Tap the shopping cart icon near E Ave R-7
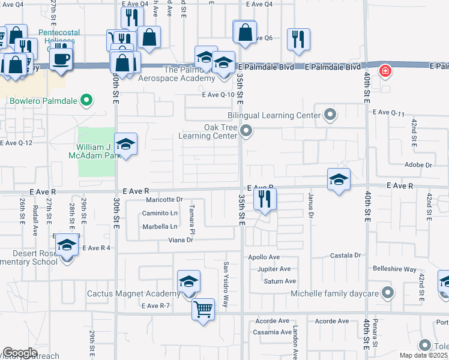click(203, 310)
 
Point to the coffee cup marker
click(61, 58)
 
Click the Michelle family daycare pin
click(387, 293)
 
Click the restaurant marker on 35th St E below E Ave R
click(264, 199)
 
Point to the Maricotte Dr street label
click(162, 199)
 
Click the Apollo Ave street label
click(264, 257)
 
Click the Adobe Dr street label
click(419, 164)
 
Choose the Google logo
click(20, 353)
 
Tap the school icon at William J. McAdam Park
click(125, 144)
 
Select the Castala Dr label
click(345, 256)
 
